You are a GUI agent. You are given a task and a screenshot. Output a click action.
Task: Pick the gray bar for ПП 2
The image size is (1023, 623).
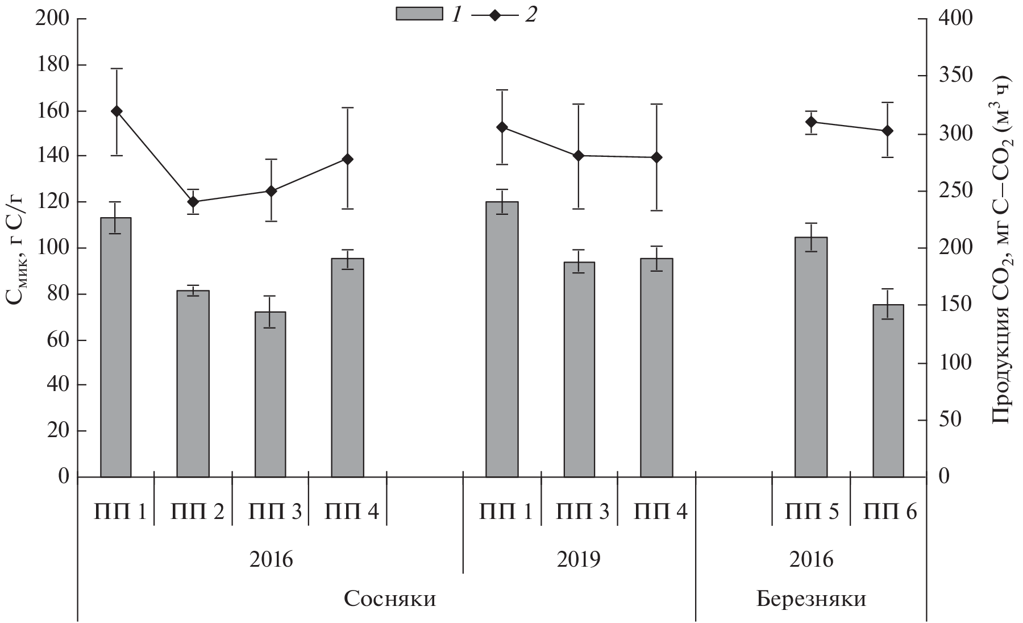point(193,383)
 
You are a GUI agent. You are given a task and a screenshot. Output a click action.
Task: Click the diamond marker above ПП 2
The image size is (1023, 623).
point(193,202)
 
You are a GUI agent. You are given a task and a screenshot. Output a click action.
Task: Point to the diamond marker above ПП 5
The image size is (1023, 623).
point(811,122)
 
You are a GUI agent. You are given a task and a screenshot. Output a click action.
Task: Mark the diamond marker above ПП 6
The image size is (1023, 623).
point(888,131)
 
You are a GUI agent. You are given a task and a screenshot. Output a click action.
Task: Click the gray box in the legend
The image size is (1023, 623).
point(419,14)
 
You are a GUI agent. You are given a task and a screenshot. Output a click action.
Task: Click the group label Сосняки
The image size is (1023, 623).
point(390,600)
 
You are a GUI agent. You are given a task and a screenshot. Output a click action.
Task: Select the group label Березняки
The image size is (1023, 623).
point(811,600)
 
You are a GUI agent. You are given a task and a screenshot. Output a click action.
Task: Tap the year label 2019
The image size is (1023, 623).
point(579,559)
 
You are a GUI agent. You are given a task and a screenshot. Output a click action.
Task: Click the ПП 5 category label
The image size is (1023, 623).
point(811,513)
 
